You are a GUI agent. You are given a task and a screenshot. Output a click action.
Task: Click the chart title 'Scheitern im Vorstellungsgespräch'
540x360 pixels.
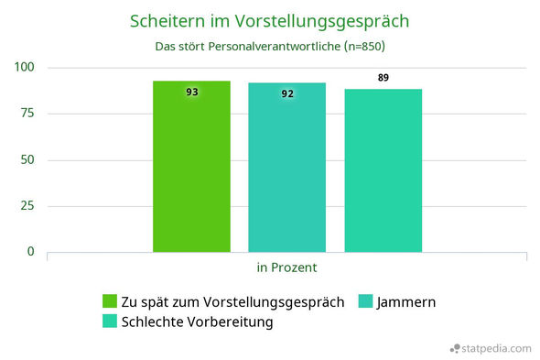point(269,20)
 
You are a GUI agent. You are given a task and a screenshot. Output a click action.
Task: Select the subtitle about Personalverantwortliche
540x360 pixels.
point(269,46)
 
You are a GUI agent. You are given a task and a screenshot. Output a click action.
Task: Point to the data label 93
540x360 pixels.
point(191,92)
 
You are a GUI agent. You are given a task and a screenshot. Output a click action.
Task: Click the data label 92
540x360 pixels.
point(287,93)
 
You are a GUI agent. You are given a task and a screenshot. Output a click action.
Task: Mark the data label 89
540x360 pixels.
point(383,78)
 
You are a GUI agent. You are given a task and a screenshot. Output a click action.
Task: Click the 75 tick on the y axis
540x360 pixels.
point(27,114)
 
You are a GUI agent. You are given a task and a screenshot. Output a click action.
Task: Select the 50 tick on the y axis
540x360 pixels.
point(27,160)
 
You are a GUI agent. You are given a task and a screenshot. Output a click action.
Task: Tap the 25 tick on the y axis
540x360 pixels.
point(27,206)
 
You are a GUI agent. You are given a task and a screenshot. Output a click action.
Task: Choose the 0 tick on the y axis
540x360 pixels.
point(30,252)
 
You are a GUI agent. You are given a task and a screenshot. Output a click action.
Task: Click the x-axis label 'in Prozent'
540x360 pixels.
point(286,267)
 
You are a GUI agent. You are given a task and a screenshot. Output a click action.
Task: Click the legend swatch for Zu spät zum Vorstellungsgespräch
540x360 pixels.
point(109,301)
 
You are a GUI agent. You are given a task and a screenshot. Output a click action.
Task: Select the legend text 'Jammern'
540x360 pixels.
point(405,301)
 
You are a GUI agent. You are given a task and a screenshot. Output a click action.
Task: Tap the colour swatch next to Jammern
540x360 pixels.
point(365,301)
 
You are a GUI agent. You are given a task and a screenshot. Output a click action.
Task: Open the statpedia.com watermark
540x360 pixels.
point(491,348)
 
